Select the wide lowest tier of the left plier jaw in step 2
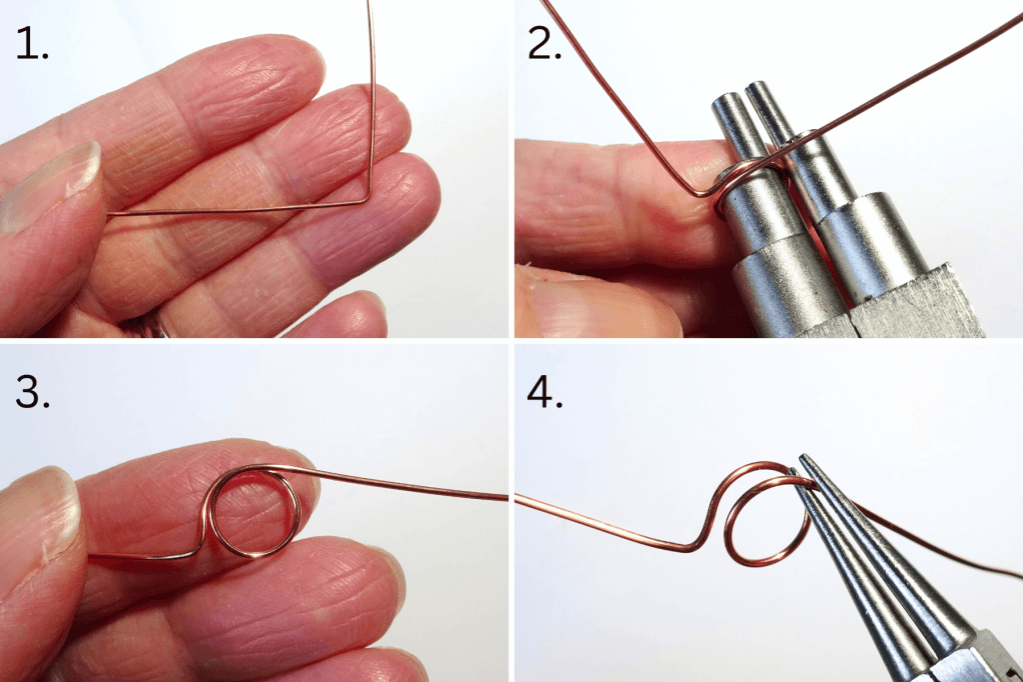pyautogui.click(x=774, y=290)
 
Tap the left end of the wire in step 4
pyautogui.click(x=518, y=497)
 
